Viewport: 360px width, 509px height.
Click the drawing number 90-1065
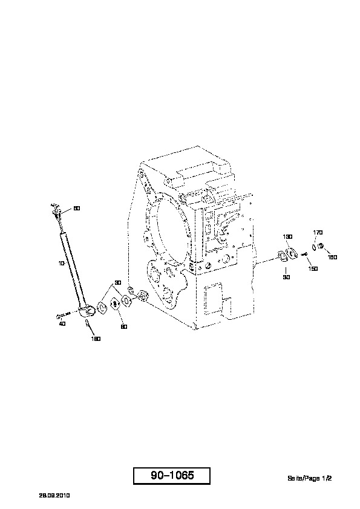tap(172, 476)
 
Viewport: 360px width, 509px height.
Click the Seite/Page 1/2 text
tap(309, 478)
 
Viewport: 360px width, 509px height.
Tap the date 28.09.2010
tap(54, 495)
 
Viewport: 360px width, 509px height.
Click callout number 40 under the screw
tap(62, 323)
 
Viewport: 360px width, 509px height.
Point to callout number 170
tap(318, 232)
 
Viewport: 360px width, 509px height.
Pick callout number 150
tap(313, 269)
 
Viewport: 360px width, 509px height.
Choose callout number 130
tap(288, 237)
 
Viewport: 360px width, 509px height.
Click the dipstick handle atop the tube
tap(56, 208)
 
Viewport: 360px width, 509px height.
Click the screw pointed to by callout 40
tap(64, 314)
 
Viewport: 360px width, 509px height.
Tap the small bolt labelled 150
tap(304, 254)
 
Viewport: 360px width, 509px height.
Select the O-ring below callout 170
tap(314, 247)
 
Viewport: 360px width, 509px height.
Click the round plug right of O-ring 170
tap(320, 246)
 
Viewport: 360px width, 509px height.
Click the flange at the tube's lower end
tap(87, 311)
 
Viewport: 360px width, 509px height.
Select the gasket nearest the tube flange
tap(103, 308)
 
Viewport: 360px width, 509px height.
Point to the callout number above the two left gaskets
tap(118, 283)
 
